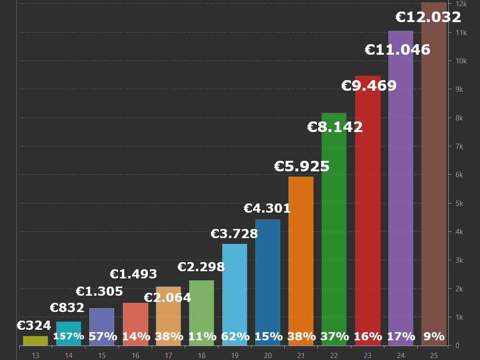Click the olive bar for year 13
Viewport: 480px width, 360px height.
[36, 341]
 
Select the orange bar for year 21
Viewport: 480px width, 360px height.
[301, 254]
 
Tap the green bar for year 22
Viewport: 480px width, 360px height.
[334, 226]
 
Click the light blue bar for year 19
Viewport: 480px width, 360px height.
[235, 288]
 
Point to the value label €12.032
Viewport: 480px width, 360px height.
[428, 17]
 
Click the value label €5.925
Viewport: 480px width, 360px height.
[302, 167]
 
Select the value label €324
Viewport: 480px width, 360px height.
[34, 326]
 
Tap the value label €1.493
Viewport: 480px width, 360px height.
[133, 274]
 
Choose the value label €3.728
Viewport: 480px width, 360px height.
[234, 234]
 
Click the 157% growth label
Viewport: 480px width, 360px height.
[69, 336]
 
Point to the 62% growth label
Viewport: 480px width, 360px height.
[235, 336]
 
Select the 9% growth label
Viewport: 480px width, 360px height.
[434, 336]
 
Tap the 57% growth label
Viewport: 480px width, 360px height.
[102, 336]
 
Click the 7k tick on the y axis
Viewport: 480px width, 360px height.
[459, 146]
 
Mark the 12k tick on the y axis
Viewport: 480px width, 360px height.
[461, 4]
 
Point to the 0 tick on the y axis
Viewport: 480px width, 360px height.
[457, 346]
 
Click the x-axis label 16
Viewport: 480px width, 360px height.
[135, 356]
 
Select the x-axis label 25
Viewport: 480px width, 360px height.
[434, 356]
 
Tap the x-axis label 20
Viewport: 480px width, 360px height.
[268, 356]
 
